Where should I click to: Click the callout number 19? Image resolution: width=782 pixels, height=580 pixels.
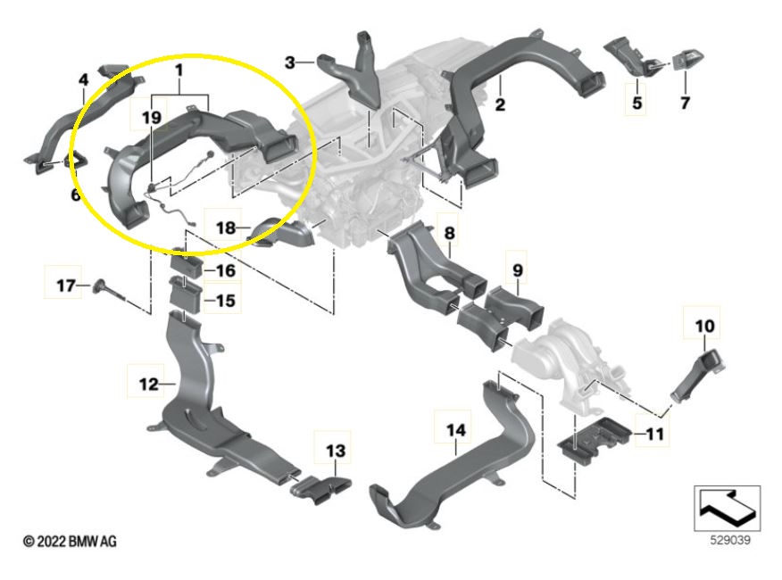click(x=151, y=117)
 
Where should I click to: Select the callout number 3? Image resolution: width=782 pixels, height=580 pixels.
click(x=290, y=62)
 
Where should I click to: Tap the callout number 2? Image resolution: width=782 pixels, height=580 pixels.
click(x=500, y=105)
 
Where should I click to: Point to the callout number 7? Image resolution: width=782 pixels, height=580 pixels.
click(x=685, y=103)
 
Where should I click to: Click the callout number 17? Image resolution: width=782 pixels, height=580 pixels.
click(x=63, y=286)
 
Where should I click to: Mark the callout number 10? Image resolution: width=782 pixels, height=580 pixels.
click(x=704, y=326)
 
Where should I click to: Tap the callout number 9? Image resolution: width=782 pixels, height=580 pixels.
click(x=518, y=269)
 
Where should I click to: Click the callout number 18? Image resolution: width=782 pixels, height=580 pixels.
click(x=226, y=228)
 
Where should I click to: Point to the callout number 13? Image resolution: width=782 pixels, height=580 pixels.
click(x=333, y=452)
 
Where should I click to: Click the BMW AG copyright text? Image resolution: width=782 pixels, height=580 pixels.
click(x=70, y=542)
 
